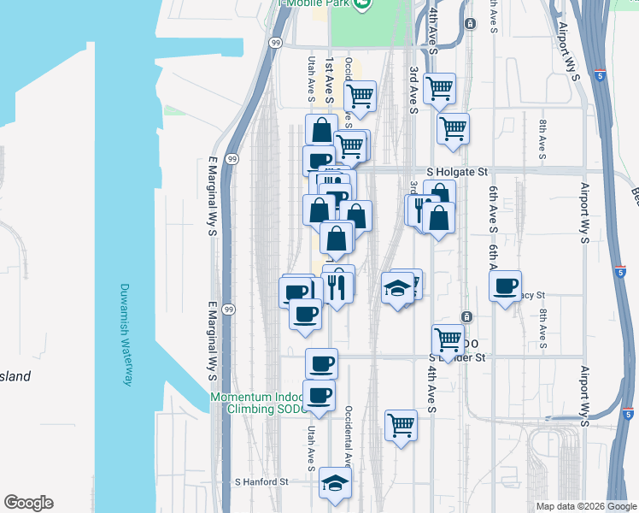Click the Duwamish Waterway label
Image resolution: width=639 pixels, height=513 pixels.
point(126,334)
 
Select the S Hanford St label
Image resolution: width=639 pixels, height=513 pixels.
point(261,482)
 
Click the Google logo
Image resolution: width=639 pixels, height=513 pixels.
point(28,503)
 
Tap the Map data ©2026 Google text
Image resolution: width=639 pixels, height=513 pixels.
point(585,506)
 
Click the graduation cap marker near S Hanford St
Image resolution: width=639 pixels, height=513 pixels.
point(336,483)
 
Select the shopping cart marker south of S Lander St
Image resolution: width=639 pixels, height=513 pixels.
point(401,424)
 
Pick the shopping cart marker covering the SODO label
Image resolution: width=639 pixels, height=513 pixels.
point(448,339)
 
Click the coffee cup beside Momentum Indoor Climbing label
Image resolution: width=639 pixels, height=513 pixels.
point(319,395)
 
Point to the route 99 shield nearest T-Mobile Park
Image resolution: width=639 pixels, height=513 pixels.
point(274,42)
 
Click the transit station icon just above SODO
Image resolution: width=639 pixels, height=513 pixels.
point(466,317)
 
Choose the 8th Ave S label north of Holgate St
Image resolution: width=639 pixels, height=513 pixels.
point(542,139)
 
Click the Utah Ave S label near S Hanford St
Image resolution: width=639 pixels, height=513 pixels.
point(311,445)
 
